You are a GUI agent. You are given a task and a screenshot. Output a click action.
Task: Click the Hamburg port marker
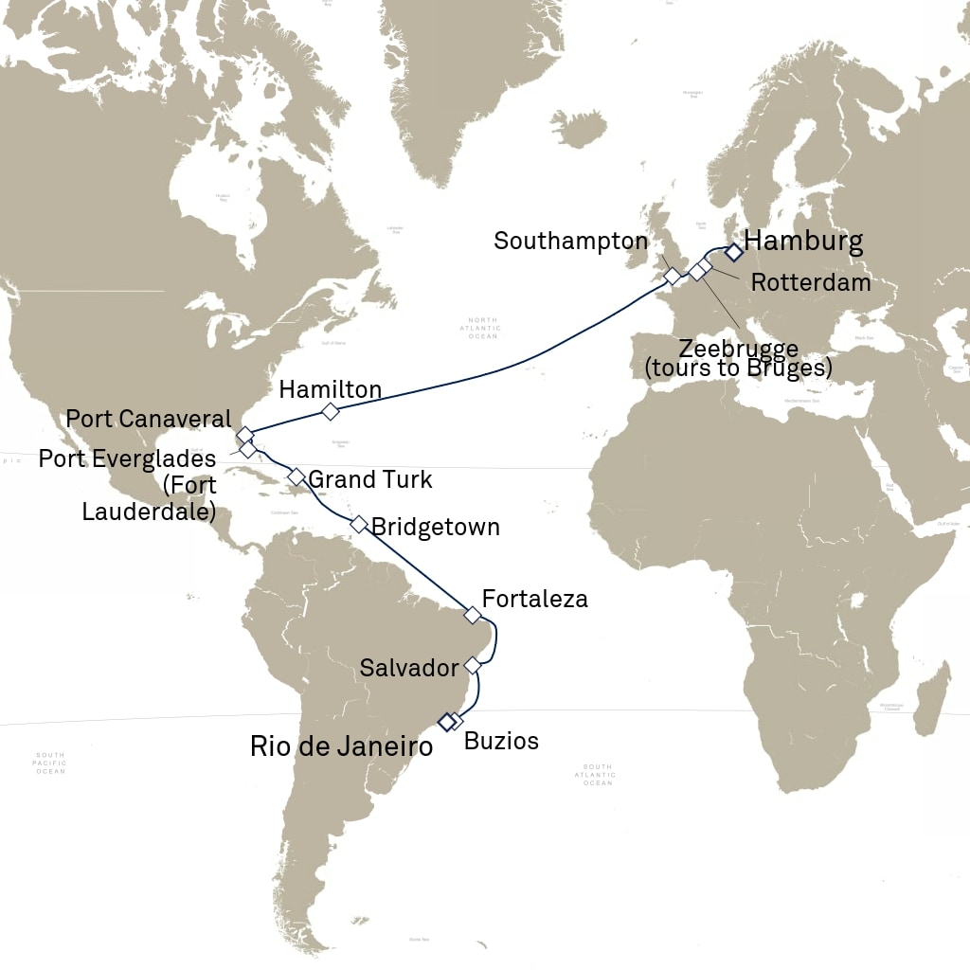pyautogui.click(x=732, y=252)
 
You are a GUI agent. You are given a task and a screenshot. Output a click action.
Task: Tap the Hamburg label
pyautogui.click(x=803, y=241)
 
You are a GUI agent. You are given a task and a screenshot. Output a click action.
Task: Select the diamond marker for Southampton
pyautogui.click(x=672, y=277)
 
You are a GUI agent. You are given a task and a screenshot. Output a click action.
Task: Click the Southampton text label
pyautogui.click(x=571, y=241)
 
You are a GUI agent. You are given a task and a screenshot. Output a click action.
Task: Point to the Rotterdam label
pyautogui.click(x=810, y=282)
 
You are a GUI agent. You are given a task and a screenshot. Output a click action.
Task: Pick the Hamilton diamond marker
pyautogui.click(x=330, y=411)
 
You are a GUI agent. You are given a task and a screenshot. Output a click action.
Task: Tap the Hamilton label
pyautogui.click(x=330, y=389)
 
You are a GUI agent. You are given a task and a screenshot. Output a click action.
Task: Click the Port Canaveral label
pyautogui.click(x=148, y=419)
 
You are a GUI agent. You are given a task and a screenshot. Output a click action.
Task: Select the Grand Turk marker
pyautogui.click(x=296, y=476)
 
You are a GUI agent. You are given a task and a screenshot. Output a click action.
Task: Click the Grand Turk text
pyautogui.click(x=370, y=479)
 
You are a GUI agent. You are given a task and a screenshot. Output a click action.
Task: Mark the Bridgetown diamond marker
pyautogui.click(x=358, y=524)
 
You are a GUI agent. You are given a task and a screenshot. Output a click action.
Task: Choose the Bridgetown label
pyautogui.click(x=436, y=527)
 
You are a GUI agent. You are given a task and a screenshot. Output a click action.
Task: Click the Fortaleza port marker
pyautogui.click(x=472, y=615)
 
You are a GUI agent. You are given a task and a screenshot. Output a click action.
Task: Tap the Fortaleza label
pyautogui.click(x=535, y=599)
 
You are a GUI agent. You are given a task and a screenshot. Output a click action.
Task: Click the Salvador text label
pyautogui.click(x=409, y=668)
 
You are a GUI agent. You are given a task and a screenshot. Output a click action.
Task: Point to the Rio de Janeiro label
pyautogui.click(x=341, y=746)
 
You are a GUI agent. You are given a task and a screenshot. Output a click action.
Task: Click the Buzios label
pyautogui.click(x=501, y=741)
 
